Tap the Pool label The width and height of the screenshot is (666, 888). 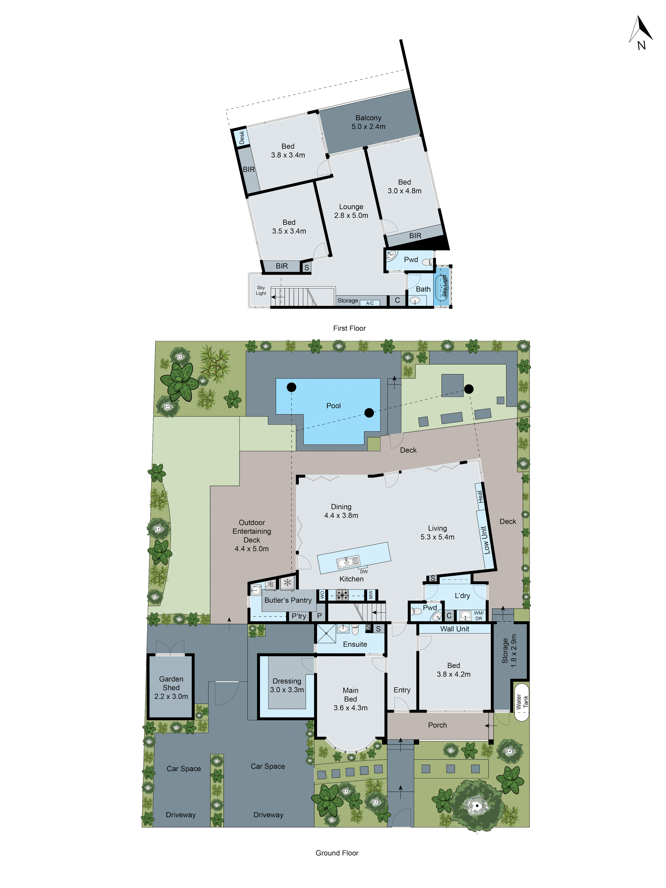tap(333, 405)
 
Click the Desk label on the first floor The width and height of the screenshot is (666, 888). tap(242, 137)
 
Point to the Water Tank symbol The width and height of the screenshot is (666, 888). tap(521, 702)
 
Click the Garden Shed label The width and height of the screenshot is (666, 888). tap(171, 687)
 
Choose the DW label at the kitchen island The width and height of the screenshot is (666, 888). tap(364, 571)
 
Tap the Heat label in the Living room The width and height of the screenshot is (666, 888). tap(480, 496)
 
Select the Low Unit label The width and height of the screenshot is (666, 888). tap(485, 540)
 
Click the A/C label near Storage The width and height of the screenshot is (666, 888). tap(370, 303)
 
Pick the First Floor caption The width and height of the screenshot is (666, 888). tap(349, 328)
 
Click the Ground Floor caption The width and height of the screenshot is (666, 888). tap(337, 853)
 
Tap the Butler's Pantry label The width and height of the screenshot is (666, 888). tap(288, 600)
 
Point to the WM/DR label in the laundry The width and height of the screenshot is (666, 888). tap(479, 615)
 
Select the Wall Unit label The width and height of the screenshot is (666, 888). tap(454, 629)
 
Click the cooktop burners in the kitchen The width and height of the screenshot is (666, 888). tap(342, 594)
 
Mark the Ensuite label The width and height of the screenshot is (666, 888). tap(355, 644)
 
